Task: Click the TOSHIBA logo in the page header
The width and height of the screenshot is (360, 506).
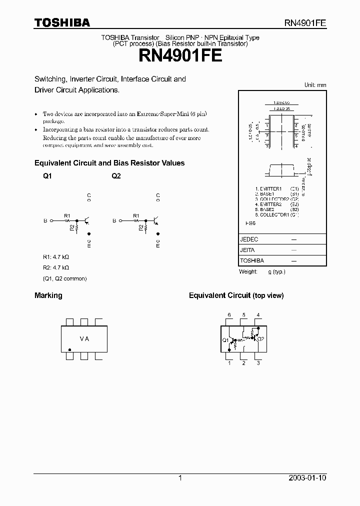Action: coord(61,22)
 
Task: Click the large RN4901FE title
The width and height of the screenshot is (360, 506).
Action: coord(180,55)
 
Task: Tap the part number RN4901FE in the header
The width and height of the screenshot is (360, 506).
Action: coord(305,23)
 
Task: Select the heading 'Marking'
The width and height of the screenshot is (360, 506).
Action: coord(48,295)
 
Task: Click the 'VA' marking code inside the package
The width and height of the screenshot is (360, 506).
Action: coord(84,339)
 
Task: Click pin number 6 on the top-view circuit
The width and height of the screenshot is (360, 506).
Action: coord(229,314)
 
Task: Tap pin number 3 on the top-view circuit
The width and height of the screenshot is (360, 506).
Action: coord(258,363)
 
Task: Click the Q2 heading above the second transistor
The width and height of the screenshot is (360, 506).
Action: coord(116,176)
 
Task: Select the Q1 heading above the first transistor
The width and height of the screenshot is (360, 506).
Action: coord(47,176)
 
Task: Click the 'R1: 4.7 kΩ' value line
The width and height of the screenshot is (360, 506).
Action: coord(55,256)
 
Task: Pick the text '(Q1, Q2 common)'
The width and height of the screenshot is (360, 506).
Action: coord(64,278)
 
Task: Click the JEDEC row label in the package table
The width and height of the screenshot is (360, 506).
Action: coord(249,239)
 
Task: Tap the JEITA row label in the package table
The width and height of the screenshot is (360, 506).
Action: coord(248,250)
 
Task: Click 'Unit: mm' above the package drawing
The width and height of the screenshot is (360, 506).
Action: coord(315,85)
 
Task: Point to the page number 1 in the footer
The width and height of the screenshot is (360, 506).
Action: coord(180,478)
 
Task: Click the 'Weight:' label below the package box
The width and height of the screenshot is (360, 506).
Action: coord(248,271)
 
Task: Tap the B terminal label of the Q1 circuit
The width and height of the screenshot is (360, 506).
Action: coord(45,220)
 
